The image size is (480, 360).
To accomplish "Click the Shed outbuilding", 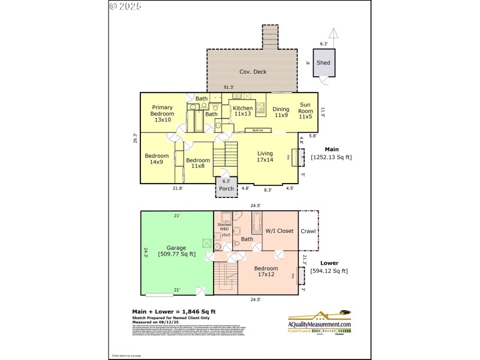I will (323, 62).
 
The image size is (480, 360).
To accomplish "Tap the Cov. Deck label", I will (253, 72).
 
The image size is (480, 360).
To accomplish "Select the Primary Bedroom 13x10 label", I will (162, 114).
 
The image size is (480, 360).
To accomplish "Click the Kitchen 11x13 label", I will (243, 111).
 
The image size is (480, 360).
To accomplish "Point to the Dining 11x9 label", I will (281, 112).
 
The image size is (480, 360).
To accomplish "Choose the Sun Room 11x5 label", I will (306, 112).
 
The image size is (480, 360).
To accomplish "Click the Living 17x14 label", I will (265, 157).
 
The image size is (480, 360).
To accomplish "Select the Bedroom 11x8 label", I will (197, 163).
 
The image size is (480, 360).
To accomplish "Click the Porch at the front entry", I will (226, 188).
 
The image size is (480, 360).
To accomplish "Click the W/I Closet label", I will (280, 230).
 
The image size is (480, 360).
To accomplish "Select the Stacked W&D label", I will (224, 227).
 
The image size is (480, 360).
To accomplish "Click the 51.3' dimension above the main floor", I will (229, 88).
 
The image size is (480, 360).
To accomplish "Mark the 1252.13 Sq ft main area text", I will (331, 157).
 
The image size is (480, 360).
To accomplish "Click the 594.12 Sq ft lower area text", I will (329, 271).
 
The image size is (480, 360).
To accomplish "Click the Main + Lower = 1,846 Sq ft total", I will (173, 311).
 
